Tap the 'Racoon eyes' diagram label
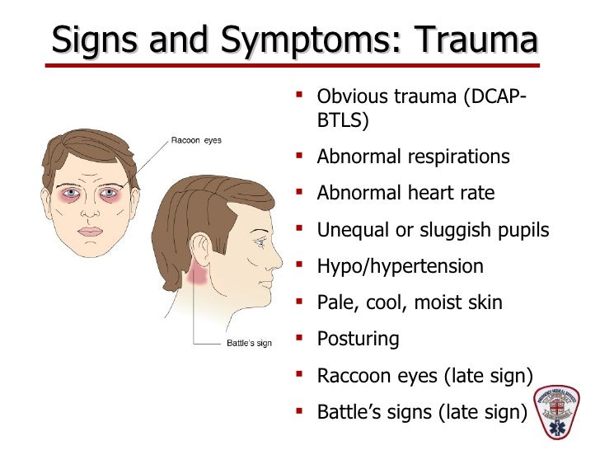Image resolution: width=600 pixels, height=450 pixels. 196,140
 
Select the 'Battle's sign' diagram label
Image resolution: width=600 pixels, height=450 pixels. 249,344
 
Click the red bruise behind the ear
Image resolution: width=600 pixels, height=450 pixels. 198,275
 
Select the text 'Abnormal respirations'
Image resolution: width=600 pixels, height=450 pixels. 413,157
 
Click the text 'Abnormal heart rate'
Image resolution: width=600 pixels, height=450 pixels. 405,194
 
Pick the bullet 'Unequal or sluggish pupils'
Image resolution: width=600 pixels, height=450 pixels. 433,230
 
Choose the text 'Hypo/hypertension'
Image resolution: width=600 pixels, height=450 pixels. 400,266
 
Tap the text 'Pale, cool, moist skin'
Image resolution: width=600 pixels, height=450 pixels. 409,302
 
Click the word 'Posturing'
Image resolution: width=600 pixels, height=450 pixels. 358,339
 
